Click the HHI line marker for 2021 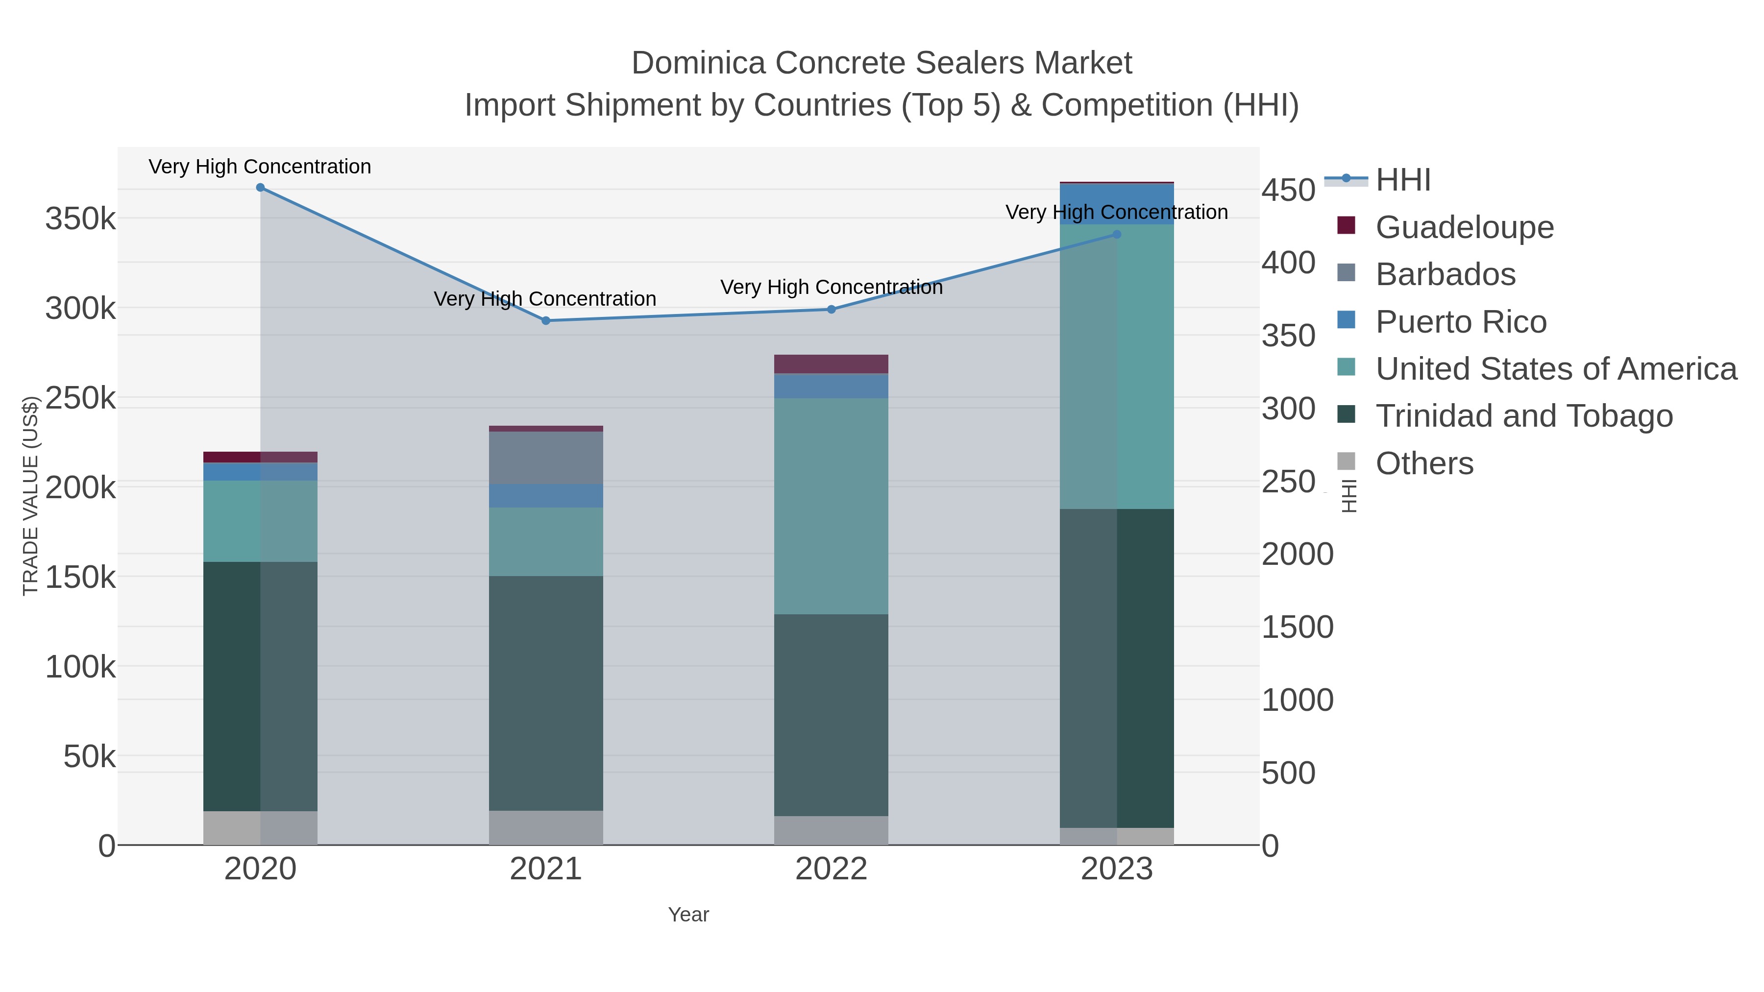coord(546,320)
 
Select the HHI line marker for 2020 coord(260,188)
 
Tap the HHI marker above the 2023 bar coord(1117,234)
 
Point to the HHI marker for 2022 coord(832,310)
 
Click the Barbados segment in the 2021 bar coord(546,458)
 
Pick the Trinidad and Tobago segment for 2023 coord(1117,668)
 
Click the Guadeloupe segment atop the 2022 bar coord(832,363)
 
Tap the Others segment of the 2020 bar coord(260,828)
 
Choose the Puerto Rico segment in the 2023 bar coord(1117,203)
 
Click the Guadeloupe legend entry coord(1464,227)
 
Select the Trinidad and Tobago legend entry coord(1523,416)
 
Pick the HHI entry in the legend coord(1402,180)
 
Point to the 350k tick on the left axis coord(80,220)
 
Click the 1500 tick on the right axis coord(1297,627)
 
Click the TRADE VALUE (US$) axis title coord(31,496)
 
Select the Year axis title coord(688,915)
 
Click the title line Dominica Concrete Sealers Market coord(882,63)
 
